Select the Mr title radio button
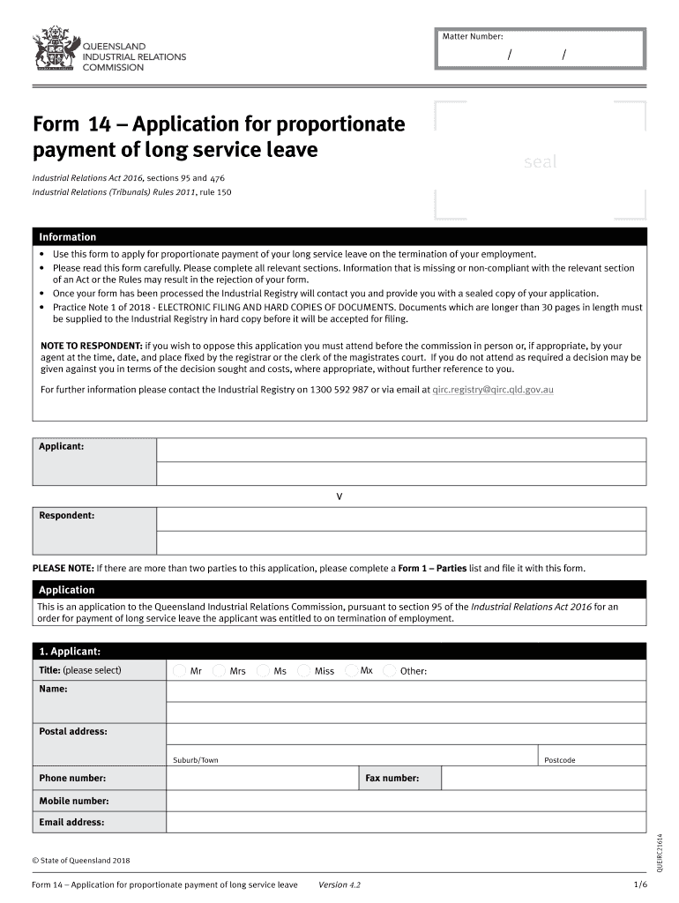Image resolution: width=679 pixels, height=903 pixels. tap(180, 671)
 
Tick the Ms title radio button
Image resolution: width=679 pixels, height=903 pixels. tap(263, 671)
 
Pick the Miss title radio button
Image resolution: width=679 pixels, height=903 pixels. tap(304, 671)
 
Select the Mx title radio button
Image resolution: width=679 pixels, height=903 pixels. tap(350, 670)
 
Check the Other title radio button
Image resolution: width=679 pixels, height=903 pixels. tap(390, 671)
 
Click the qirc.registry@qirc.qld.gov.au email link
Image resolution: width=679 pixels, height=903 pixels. tap(493, 389)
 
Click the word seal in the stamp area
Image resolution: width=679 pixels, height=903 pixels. tap(540, 162)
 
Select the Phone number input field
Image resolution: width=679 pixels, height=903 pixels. tap(261, 778)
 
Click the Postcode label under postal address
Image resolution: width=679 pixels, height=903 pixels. tap(559, 760)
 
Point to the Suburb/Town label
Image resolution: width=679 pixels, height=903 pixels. tap(195, 760)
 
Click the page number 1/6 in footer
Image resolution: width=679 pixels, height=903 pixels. tap(639, 884)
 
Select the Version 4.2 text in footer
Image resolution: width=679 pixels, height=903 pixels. tap(339, 884)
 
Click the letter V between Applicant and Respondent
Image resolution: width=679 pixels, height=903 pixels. tap(339, 496)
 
